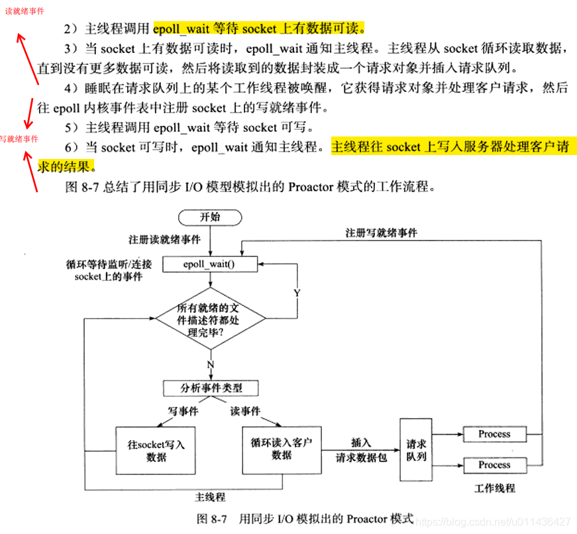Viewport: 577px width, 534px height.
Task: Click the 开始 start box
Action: tap(210, 217)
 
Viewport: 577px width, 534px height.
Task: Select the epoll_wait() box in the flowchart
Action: tap(209, 264)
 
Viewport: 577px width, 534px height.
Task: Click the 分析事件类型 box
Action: tap(210, 388)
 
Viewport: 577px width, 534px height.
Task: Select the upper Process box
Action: tap(494, 435)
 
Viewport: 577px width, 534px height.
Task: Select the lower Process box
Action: tap(494, 465)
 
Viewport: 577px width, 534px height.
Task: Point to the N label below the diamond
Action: tap(210, 364)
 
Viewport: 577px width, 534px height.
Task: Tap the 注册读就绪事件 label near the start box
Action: tap(164, 239)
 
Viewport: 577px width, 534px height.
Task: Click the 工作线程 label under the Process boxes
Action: tap(495, 488)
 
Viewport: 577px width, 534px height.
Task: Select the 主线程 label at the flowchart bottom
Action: tap(210, 497)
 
